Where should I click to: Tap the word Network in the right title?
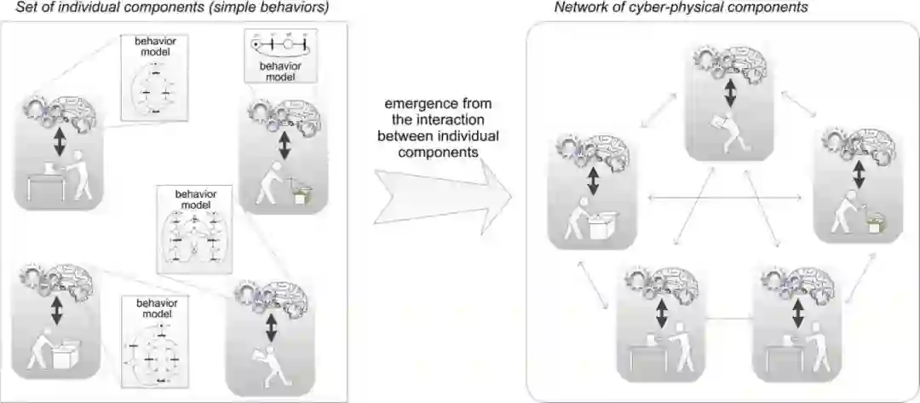click(578, 8)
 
